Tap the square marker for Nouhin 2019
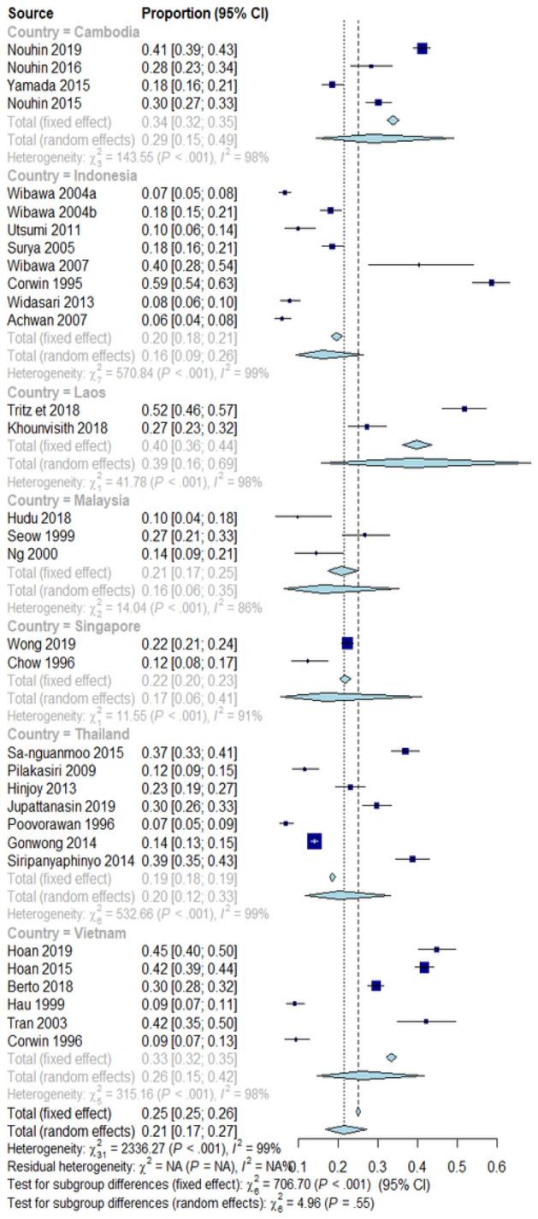point(422,49)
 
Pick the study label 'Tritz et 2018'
point(45,409)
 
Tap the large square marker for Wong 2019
point(347,643)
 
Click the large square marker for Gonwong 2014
point(314,842)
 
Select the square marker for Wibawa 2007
point(418,265)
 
